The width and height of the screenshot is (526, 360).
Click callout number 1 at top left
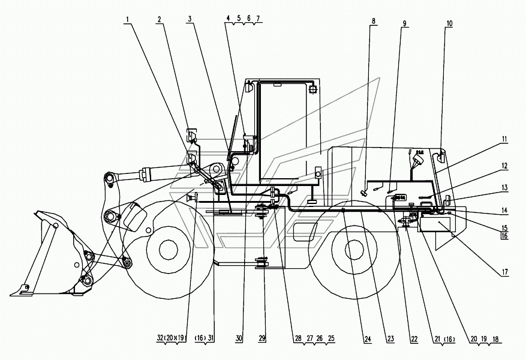127,19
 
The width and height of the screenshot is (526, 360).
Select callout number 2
159,19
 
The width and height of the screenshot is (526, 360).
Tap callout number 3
190,19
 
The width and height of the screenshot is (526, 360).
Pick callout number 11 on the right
504,139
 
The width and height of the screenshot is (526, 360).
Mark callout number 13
504,187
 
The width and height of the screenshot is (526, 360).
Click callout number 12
504,166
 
